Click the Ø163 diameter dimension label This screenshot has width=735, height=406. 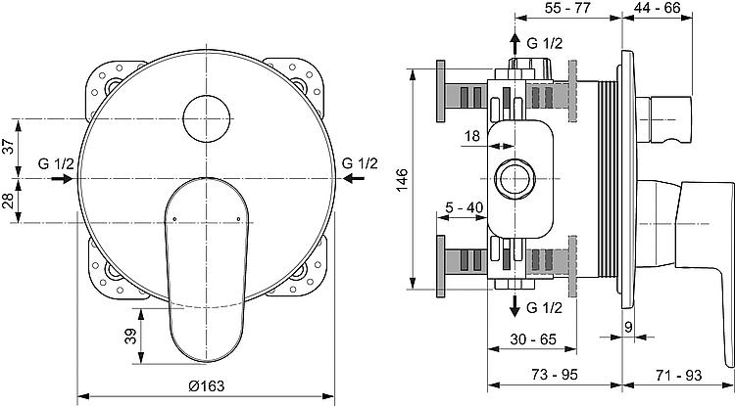point(206,385)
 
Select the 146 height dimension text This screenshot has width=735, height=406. point(402,180)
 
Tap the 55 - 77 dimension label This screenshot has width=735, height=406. point(568,8)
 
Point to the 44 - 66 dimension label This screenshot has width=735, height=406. point(658,8)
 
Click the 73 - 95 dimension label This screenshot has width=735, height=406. point(555,374)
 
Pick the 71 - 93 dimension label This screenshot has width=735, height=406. point(679,375)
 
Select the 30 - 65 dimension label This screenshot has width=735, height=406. point(533,339)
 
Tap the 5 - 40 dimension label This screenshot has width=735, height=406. point(464,207)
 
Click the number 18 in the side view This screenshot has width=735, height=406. point(472,136)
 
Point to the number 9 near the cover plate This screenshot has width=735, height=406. point(628,327)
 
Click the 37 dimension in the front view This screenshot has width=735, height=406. point(9,147)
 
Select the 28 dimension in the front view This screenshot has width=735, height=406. point(9,201)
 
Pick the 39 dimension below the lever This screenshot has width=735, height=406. point(130,336)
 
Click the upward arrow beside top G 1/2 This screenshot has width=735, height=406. point(514,44)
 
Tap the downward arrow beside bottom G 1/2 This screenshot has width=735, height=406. point(514,306)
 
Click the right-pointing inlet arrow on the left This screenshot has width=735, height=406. point(62,179)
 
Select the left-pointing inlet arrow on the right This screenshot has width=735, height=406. point(354,178)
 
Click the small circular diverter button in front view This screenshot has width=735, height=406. point(207,118)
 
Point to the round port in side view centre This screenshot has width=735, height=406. point(514,179)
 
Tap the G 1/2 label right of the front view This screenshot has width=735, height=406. point(360,163)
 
